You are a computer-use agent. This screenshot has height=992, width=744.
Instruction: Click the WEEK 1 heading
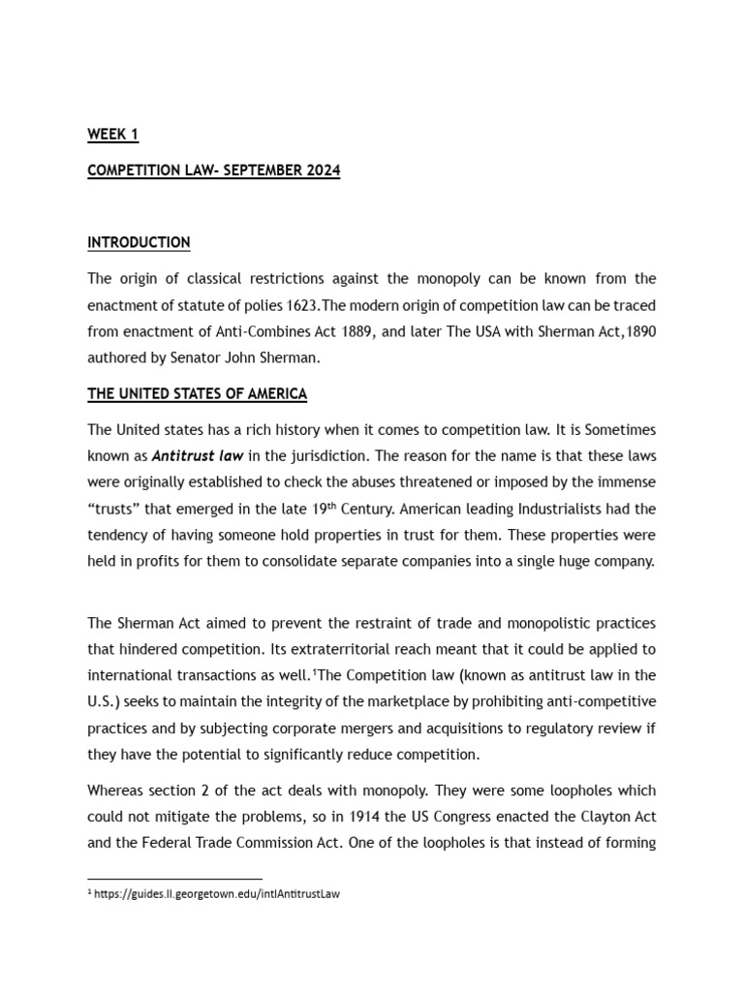113,135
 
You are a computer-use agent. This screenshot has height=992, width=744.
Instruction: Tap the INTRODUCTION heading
139,242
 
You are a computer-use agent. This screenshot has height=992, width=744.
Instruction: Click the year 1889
319,331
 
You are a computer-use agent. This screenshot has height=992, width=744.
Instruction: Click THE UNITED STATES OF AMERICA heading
197,393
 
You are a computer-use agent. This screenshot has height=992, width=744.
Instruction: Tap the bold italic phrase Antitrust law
191,455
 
